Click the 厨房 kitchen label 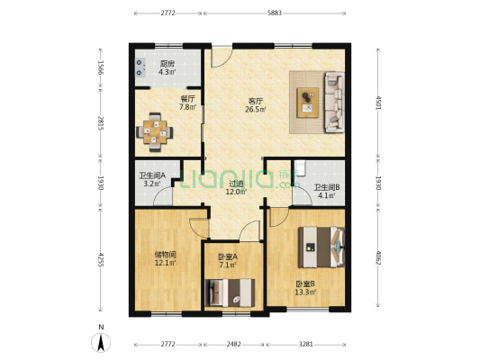coord(168,64)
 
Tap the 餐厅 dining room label coord(187,99)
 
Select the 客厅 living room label coord(255,101)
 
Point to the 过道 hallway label coord(236,184)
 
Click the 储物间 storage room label coord(166,255)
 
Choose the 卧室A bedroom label coord(228,257)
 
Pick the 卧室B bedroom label coord(305,284)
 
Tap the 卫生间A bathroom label coord(152,175)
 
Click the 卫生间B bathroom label coord(327,187)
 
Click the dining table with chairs coord(155,132)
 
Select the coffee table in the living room coord(308,103)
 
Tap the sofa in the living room coord(335,103)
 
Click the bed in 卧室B coord(322,247)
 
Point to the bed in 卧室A coord(230,292)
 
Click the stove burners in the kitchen coord(140,67)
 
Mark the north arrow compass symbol coord(101,343)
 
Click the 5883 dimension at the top coord(275,13)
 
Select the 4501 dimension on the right coord(378,103)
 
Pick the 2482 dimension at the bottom coord(233,345)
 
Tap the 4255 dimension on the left coord(100,259)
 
